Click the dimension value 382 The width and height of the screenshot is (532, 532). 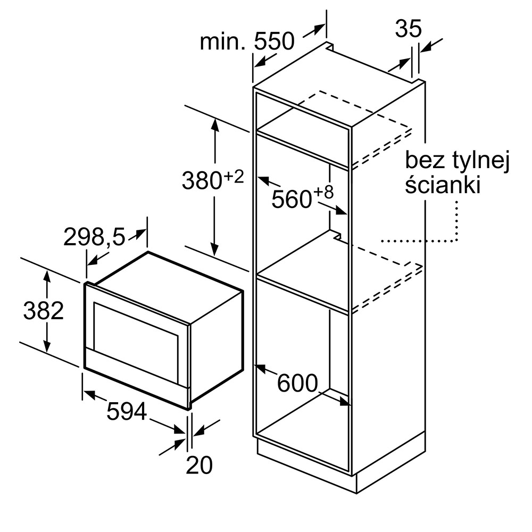click(x=43, y=311)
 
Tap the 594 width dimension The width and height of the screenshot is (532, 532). click(x=126, y=411)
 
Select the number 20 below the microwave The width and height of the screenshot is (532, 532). click(x=199, y=465)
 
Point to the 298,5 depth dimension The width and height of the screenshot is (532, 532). click(x=94, y=237)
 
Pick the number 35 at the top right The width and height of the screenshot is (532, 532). click(x=408, y=29)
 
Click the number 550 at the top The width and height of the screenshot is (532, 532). click(x=274, y=41)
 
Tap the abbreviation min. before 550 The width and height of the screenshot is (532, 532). click(x=222, y=41)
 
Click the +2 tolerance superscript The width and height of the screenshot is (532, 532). click(x=234, y=176)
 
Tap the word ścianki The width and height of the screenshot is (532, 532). click(x=443, y=186)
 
